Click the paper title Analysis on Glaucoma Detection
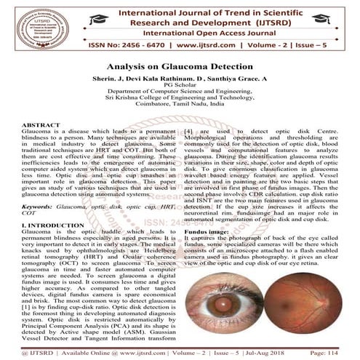coord(180,65)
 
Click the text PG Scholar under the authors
coord(180,85)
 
